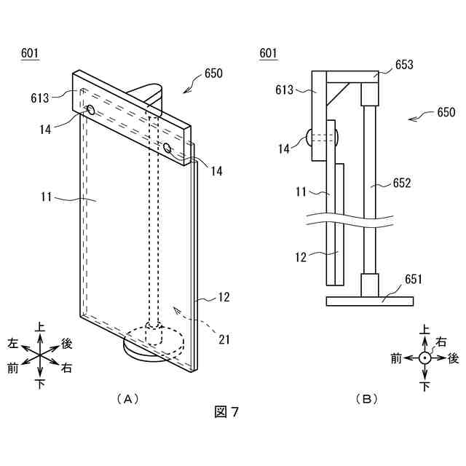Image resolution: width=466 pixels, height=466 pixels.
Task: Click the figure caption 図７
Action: [227, 412]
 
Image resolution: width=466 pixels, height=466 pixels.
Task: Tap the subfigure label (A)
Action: [127, 398]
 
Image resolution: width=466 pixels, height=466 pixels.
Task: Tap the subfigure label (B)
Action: [366, 398]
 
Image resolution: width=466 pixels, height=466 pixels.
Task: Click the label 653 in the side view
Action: [404, 65]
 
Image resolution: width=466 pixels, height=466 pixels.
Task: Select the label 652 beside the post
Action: [402, 183]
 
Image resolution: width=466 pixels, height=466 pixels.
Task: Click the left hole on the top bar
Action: [91, 110]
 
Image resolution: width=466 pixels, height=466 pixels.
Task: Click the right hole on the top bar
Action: [168, 149]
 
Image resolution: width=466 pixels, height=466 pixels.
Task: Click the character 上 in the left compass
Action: [40, 328]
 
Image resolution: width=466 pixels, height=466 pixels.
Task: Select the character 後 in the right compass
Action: [453, 358]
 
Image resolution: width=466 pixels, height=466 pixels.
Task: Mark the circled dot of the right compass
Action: [424, 358]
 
